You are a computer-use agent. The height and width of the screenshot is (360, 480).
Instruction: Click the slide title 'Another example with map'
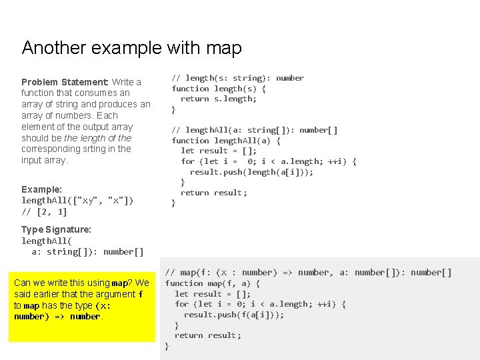pos(131,48)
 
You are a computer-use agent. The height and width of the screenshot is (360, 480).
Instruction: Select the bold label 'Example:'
pos(41,189)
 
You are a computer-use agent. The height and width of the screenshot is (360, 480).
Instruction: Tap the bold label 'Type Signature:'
pos(56,229)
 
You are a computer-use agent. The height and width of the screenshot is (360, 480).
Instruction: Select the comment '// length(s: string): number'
pos(237,78)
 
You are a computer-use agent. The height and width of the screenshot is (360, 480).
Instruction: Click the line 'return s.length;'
pos(218,99)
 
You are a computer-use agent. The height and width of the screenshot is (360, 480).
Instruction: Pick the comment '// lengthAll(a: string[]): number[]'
pos(254,130)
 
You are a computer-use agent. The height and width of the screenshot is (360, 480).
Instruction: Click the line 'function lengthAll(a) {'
pos(225,141)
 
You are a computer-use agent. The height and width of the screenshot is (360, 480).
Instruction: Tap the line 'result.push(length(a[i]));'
pos(251,172)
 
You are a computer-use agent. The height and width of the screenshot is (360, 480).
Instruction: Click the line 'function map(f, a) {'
pos(212,283)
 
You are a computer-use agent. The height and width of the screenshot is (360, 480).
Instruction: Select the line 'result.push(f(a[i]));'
pos(233,315)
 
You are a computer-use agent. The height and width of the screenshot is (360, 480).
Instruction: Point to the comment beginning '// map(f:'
pos(308,273)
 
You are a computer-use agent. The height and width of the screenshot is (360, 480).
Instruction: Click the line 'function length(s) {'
pos(218,89)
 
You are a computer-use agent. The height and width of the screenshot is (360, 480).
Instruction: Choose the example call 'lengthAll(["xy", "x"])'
pos(77,201)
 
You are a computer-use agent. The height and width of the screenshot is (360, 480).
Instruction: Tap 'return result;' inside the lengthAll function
pos(213,193)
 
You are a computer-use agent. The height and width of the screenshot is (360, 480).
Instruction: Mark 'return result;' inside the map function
pos(207,335)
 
